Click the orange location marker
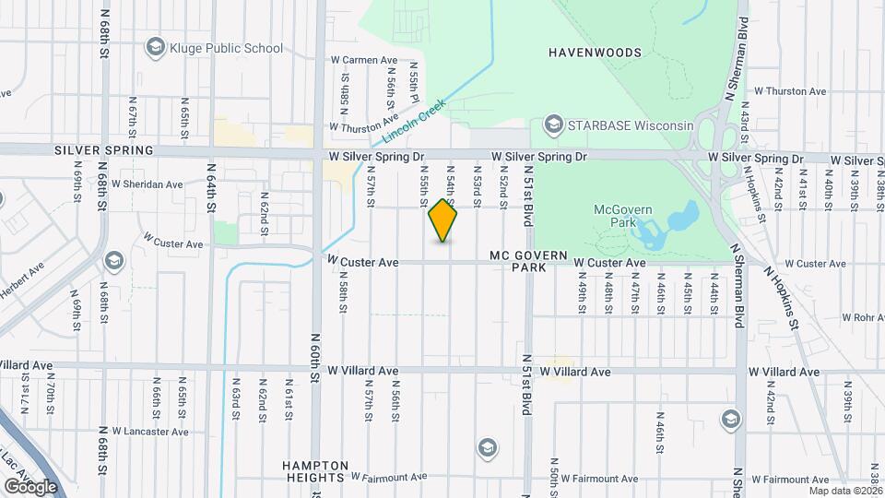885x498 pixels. point(442,220)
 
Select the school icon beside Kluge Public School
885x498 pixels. point(154,47)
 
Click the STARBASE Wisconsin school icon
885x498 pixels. point(554,125)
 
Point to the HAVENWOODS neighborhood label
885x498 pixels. point(595,53)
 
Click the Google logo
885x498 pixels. point(29,486)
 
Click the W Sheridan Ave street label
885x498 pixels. point(147,184)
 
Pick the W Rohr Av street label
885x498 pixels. point(862,317)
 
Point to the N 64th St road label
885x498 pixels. point(211,188)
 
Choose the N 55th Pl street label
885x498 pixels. point(415,84)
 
